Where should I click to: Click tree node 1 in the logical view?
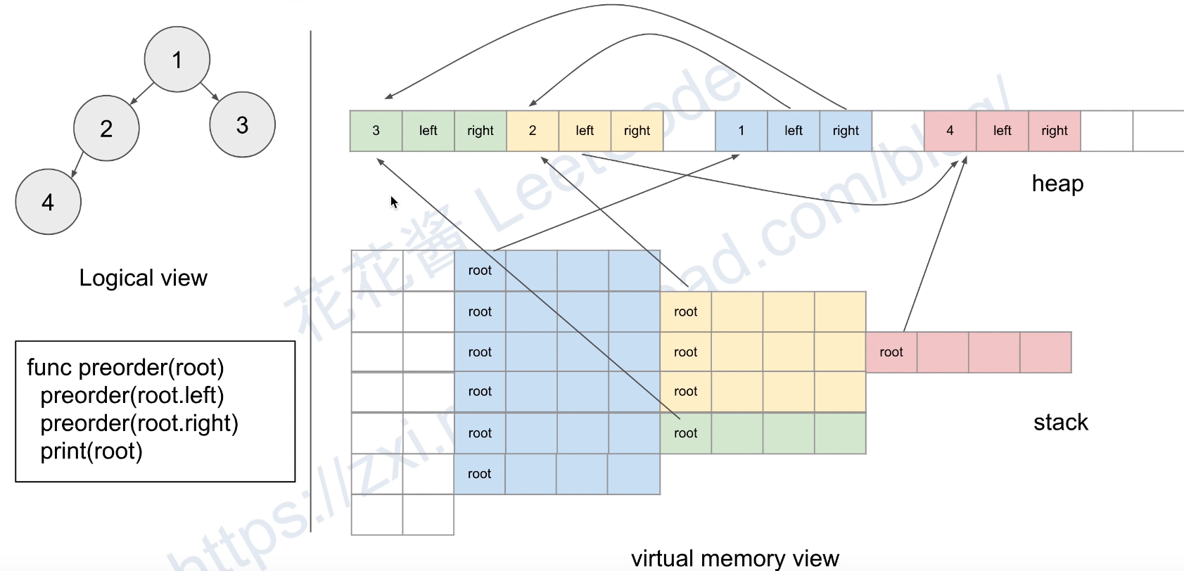click(177, 60)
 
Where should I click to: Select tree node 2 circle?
click(106, 129)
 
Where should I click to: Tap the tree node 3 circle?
click(242, 125)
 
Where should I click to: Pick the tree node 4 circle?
click(48, 202)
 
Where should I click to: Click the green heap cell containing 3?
click(376, 131)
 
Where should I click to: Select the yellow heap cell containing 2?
click(533, 131)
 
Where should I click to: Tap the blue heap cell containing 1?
click(741, 131)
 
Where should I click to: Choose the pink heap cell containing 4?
click(950, 131)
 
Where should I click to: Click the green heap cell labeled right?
click(480, 131)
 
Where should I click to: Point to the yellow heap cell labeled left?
click(585, 131)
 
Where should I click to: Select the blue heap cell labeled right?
click(846, 131)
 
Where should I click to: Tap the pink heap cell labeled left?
click(1002, 131)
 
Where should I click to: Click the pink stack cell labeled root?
click(891, 352)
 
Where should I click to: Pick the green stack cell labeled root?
click(685, 433)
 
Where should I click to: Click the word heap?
click(1057, 184)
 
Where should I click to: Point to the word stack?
click(1060, 422)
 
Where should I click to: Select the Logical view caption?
click(143, 278)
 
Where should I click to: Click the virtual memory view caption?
click(734, 558)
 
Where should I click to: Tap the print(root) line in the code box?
click(91, 451)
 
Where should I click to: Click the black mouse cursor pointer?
click(394, 202)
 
